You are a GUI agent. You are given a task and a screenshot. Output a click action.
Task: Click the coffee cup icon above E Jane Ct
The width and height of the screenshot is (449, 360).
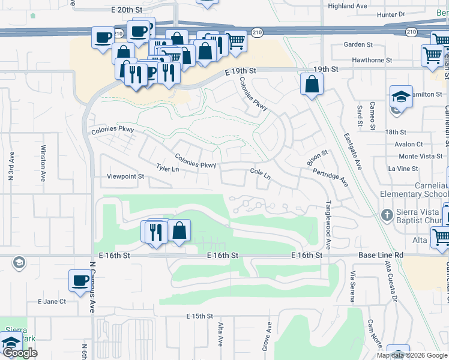pyautogui.click(x=80, y=281)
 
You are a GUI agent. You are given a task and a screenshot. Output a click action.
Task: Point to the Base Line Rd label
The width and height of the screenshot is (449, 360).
pyautogui.click(x=381, y=256)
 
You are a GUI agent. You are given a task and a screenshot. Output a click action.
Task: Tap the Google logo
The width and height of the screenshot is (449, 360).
pyautogui.click(x=20, y=353)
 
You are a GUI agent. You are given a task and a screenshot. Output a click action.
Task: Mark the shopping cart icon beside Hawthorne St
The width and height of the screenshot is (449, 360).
pyautogui.click(x=432, y=56)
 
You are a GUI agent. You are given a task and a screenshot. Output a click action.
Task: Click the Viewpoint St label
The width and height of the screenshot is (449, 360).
pyautogui.click(x=125, y=177)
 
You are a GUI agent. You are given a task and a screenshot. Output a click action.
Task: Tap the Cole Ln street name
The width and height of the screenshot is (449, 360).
pyautogui.click(x=261, y=174)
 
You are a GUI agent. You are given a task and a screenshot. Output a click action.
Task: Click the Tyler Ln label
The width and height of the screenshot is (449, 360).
pyautogui.click(x=167, y=169)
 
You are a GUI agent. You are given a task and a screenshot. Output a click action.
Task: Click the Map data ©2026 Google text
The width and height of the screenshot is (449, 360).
pyautogui.click(x=411, y=355)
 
